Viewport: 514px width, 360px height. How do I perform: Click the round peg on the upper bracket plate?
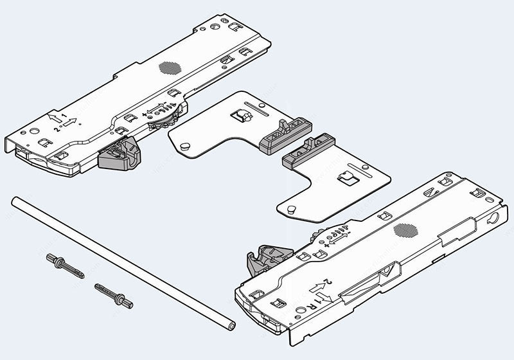click(187, 147)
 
